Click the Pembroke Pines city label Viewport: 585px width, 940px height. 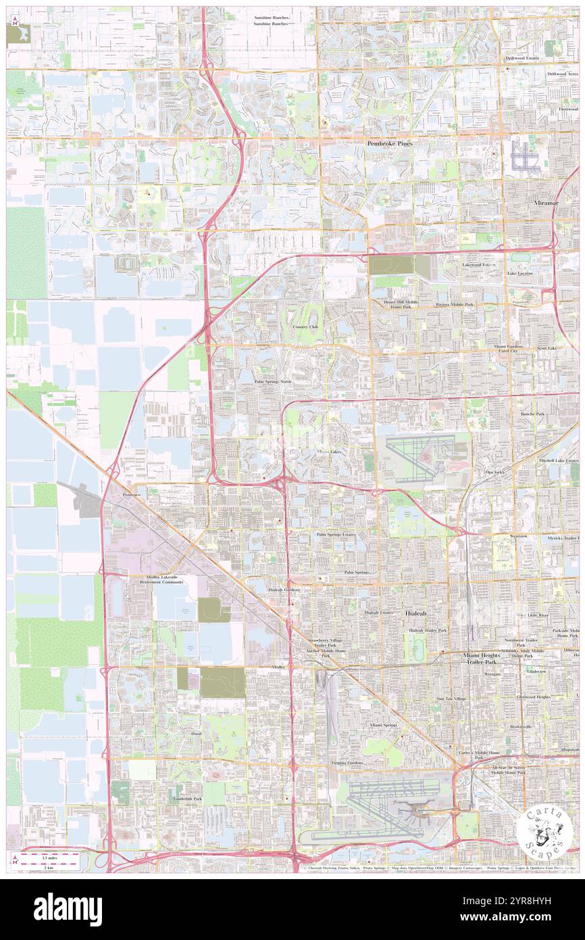(390, 144)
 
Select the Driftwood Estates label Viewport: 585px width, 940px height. (522, 58)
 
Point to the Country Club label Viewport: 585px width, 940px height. (305, 327)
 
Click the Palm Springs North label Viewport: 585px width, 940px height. (273, 381)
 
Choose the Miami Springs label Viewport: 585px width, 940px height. (383, 724)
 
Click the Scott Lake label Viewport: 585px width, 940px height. (546, 348)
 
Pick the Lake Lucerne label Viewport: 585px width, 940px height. (520, 273)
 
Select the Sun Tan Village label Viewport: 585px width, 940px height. (451, 699)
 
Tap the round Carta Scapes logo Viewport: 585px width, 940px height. (544, 830)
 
